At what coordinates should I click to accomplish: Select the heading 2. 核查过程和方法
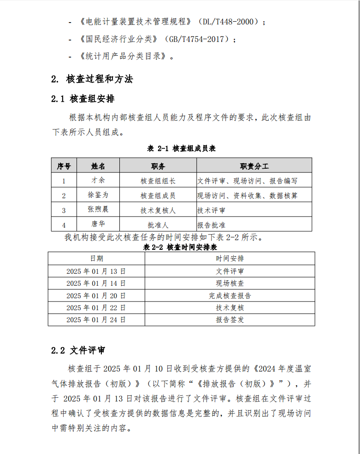click(x=92, y=79)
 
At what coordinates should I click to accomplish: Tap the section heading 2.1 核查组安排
click(x=83, y=99)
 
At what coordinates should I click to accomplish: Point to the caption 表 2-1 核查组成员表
click(x=181, y=148)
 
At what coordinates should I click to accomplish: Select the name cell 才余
click(x=98, y=180)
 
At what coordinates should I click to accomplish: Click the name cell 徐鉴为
click(x=98, y=195)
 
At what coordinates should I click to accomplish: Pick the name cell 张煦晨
click(x=98, y=210)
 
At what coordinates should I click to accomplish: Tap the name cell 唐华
click(x=98, y=224)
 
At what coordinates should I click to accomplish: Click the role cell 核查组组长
click(x=158, y=181)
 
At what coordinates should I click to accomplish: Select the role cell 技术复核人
click(x=158, y=210)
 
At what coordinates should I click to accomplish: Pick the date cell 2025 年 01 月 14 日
click(x=96, y=283)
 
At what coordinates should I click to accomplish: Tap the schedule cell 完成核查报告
click(x=230, y=295)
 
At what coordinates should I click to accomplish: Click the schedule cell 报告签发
click(x=230, y=320)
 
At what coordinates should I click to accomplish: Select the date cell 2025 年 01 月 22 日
click(x=96, y=307)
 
